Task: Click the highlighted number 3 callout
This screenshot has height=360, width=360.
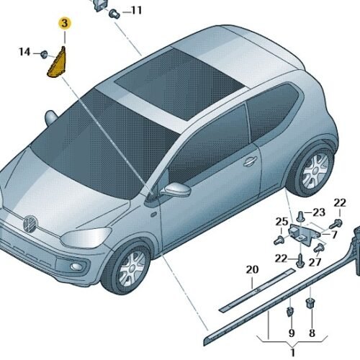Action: point(65,23)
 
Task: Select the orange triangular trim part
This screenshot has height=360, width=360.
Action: point(58,63)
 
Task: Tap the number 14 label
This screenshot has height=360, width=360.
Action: point(24,52)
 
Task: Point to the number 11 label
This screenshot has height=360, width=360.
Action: point(136,10)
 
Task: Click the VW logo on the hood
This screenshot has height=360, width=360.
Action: point(30,224)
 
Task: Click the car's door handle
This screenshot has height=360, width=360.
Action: point(250,161)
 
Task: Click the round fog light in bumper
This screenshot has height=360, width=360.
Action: point(77,266)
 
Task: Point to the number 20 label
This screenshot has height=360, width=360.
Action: point(252,269)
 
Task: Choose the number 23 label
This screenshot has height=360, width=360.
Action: point(319,212)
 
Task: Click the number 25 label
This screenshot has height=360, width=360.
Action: point(282,222)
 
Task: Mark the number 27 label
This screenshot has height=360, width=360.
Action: point(315,262)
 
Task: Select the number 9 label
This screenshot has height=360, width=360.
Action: point(292,333)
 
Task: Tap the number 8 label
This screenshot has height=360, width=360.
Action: point(312,333)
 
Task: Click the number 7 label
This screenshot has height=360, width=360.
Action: point(335,235)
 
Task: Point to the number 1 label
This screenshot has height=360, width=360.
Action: point(292,353)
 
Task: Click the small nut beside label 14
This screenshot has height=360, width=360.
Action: point(44,55)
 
